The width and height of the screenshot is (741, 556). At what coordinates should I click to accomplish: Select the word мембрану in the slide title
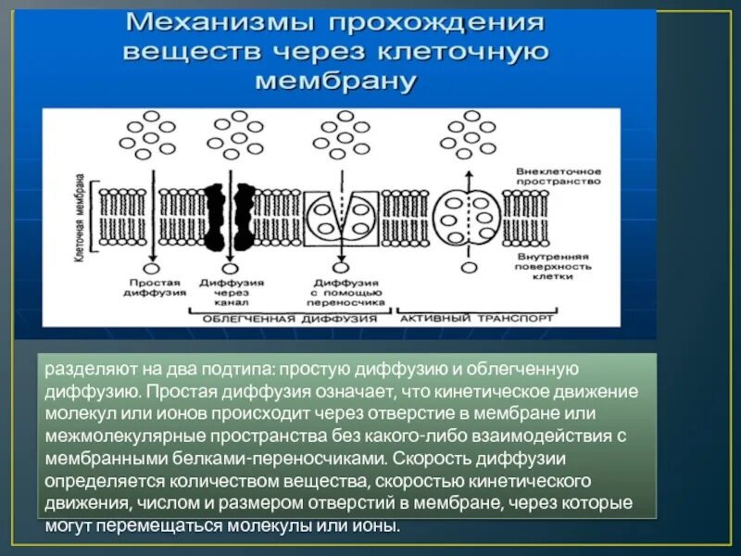click(x=334, y=81)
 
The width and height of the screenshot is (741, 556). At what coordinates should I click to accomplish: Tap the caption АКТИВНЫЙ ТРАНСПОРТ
click(x=477, y=318)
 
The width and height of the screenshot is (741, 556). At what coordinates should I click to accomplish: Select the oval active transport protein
click(x=467, y=216)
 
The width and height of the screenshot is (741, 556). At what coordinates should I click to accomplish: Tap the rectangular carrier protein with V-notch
click(x=340, y=218)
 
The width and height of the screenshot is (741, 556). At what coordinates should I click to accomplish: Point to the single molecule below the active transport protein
click(x=468, y=268)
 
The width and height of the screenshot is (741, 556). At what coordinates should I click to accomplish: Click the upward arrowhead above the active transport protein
click(x=468, y=176)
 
